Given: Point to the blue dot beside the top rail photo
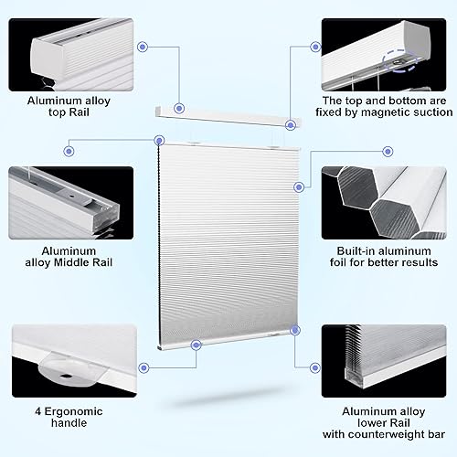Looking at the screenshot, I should (141, 45).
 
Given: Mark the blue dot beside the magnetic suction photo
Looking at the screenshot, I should (303, 45).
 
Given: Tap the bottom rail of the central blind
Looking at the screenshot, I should (225, 348).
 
